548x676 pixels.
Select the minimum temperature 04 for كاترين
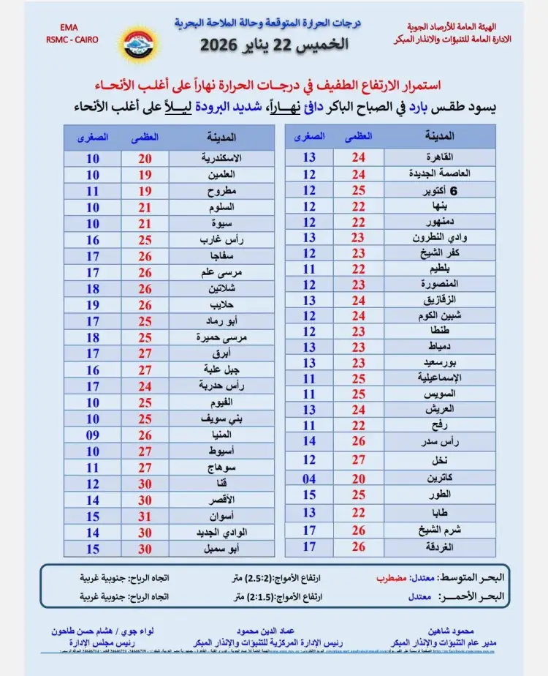coord(309,478)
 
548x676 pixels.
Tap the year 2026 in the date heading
coord(220,44)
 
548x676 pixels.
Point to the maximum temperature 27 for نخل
coord(358,459)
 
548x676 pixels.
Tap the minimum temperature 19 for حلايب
coord(93,304)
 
